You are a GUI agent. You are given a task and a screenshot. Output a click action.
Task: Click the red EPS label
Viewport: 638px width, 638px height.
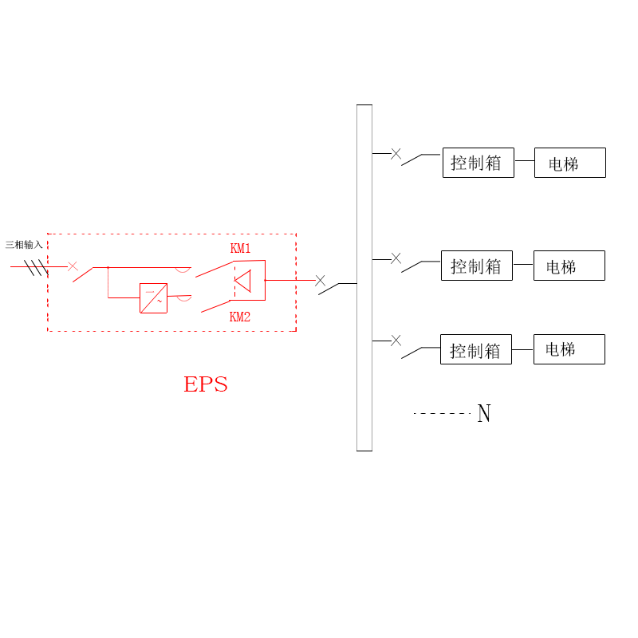(206, 384)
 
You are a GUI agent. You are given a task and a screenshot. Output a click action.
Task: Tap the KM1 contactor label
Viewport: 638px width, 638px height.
(240, 249)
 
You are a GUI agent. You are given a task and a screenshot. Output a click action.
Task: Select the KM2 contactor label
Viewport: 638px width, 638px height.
(240, 317)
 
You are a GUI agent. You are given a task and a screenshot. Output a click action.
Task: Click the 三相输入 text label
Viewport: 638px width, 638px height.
(24, 245)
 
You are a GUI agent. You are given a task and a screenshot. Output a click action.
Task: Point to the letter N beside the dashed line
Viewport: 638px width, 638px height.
(483, 414)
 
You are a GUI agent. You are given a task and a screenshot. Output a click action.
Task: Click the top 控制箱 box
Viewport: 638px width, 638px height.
(478, 163)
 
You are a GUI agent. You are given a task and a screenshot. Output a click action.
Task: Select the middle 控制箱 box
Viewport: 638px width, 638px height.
(476, 266)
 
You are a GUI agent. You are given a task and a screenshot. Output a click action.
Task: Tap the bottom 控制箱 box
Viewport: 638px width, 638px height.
(475, 349)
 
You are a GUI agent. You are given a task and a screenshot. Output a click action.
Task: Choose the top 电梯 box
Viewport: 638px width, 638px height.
(569, 163)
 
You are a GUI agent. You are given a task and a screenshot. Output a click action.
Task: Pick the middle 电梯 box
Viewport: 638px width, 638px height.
(569, 266)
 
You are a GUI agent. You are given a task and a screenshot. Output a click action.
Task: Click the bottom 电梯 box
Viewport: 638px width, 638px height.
(569, 349)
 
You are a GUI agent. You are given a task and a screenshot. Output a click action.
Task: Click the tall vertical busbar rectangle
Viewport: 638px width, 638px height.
(364, 278)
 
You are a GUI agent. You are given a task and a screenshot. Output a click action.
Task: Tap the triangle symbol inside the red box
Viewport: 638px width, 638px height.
(242, 281)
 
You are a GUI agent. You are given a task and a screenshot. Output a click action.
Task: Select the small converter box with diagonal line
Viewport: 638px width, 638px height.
(153, 298)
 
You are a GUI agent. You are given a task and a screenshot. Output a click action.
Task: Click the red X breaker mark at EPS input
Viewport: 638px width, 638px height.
(73, 266)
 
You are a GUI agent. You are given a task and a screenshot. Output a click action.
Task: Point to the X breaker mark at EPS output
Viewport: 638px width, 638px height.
(320, 281)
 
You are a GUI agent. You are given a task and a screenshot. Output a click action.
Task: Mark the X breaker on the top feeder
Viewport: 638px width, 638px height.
(396, 154)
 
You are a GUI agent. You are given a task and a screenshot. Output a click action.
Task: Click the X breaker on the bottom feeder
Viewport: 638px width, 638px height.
(396, 341)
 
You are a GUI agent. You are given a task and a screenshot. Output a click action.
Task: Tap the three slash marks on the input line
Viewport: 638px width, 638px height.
(36, 267)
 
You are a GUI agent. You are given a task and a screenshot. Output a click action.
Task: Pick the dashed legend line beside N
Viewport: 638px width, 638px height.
(442, 413)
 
